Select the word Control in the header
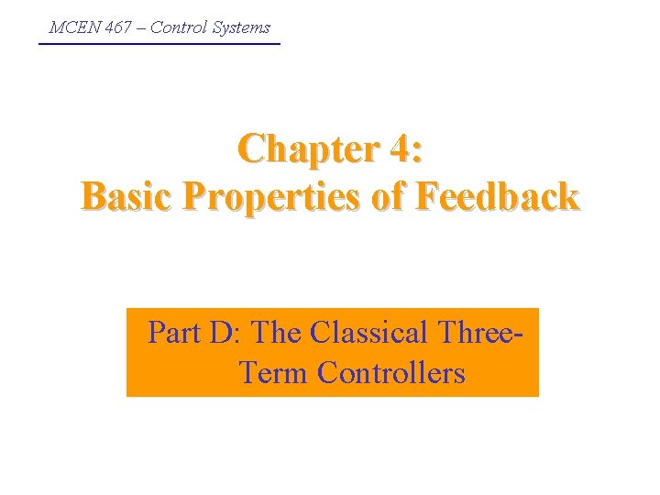(179, 27)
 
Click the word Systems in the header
(241, 27)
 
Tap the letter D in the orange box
(220, 332)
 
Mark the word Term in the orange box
(274, 374)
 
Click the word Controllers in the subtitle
(391, 374)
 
